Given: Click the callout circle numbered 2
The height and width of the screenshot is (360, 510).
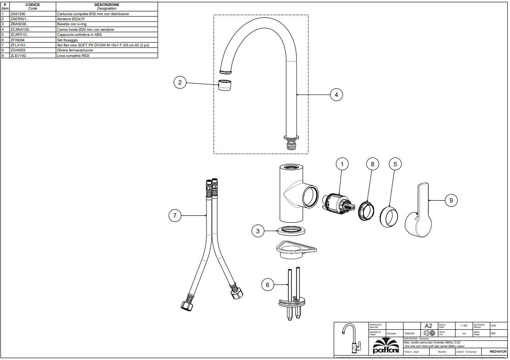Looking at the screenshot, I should (180, 83).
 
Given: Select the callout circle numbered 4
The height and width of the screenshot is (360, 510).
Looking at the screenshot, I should (336, 95).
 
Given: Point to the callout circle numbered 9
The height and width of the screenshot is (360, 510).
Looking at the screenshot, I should (451, 201).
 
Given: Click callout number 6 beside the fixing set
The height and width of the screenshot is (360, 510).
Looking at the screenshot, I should (268, 285).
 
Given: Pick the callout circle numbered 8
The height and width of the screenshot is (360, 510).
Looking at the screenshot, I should (372, 163).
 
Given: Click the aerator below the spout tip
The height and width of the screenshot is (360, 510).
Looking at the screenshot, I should (224, 85).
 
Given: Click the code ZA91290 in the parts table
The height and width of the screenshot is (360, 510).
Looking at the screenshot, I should (18, 14).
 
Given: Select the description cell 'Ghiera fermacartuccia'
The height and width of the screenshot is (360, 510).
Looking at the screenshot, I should (75, 50).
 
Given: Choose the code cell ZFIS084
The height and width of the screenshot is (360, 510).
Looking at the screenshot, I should (17, 40).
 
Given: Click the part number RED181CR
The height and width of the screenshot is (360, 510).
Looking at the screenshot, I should (498, 351).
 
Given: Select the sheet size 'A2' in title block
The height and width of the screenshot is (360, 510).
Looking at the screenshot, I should (429, 326).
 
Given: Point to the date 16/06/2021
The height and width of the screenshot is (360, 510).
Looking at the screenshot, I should (409, 334).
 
